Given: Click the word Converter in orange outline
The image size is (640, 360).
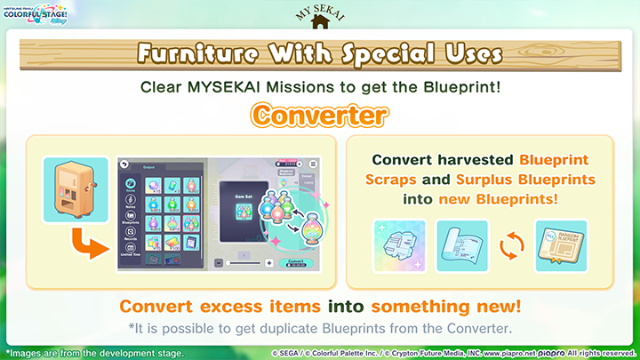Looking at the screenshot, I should [319, 116].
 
